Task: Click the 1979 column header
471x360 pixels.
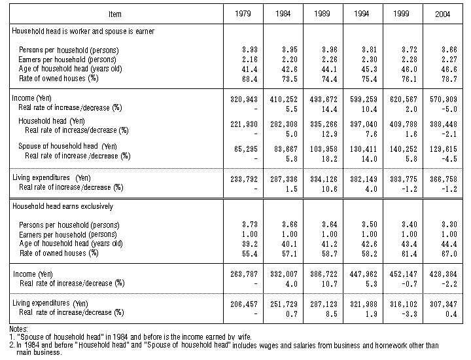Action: (243, 14)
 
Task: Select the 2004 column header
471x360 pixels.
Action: (442, 14)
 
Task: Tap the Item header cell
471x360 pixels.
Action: (115, 14)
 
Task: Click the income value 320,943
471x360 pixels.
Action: (244, 99)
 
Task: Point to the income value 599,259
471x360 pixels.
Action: (364, 99)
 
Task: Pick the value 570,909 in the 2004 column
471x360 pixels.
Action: (444, 99)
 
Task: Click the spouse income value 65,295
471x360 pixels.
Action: (246, 149)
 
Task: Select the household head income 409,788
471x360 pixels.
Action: (404, 124)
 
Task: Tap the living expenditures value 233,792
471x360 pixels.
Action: (244, 179)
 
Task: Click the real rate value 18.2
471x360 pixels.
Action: (330, 159)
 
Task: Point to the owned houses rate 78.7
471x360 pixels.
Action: (449, 79)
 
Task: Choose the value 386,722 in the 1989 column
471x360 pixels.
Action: (324, 274)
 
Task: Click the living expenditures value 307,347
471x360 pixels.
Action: (444, 304)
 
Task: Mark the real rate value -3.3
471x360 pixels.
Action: (410, 314)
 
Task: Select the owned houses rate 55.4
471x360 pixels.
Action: (250, 254)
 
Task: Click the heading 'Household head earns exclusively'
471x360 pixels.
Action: (63, 206)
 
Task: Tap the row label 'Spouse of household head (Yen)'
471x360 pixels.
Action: (67, 146)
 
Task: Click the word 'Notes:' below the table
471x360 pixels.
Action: (18, 329)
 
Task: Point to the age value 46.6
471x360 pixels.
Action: (449, 69)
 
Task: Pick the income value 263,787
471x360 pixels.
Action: (244, 274)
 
